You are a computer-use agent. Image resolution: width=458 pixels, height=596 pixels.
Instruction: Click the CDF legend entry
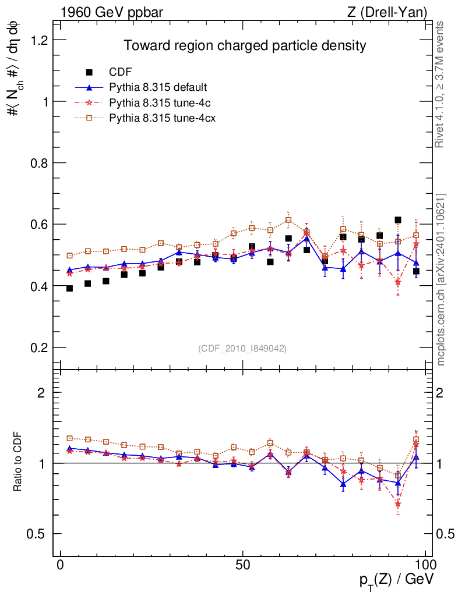pyautogui.click(x=121, y=72)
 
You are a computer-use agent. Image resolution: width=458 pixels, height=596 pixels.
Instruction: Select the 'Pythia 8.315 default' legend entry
pyautogui.click(x=158, y=87)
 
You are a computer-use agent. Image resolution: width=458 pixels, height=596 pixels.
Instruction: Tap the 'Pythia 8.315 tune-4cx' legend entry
pyautogui.click(x=162, y=118)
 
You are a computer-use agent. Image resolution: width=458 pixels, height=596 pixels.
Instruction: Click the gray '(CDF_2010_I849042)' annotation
pyautogui.click(x=242, y=348)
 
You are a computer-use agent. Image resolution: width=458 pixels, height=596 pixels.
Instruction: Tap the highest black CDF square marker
pyautogui.click(x=398, y=220)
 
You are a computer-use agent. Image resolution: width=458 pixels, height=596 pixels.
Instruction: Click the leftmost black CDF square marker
pyautogui.click(x=70, y=288)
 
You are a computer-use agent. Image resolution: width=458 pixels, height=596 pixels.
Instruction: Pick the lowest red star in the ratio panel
pyautogui.click(x=398, y=504)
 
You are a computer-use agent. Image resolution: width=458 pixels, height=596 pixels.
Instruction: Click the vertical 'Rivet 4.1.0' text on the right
pyautogui.click(x=441, y=84)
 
